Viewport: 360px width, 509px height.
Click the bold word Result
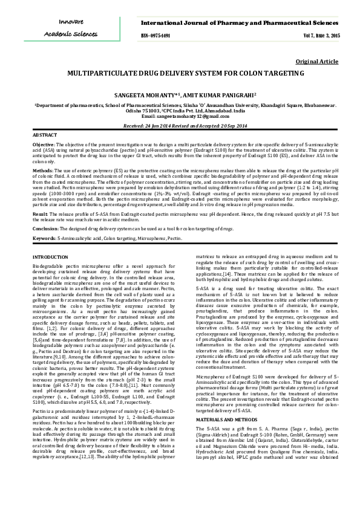[x=40, y=214]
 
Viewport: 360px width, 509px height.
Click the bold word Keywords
[x=44, y=239]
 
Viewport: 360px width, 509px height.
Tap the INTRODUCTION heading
[x=50, y=258]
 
